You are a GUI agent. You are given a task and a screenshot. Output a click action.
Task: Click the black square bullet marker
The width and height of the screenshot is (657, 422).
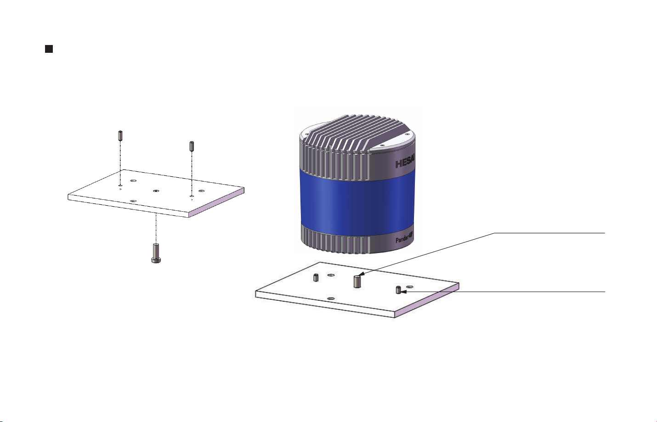coord(49,49)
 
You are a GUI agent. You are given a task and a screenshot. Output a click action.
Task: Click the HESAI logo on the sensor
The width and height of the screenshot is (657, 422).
coord(405,163)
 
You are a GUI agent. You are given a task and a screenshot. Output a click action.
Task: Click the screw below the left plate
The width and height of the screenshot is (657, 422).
coord(156,253)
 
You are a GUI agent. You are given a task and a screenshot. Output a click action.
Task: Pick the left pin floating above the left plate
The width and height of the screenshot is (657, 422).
coord(120,135)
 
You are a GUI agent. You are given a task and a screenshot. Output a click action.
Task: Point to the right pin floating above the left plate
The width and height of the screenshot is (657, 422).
coord(192,146)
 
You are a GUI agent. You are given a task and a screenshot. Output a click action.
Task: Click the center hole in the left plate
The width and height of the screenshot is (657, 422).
coord(156,191)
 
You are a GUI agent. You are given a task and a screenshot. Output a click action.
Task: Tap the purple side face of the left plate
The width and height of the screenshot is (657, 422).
coord(216,203)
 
